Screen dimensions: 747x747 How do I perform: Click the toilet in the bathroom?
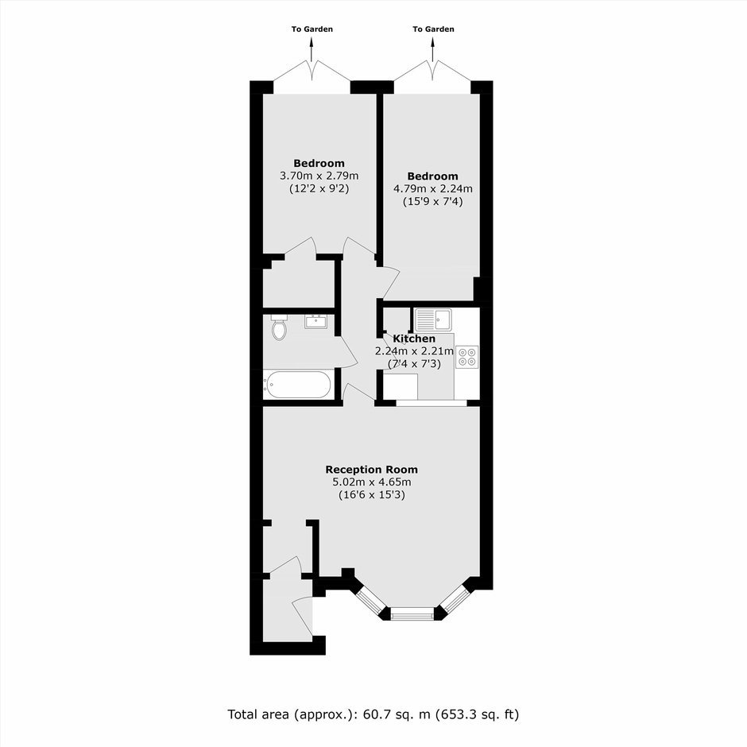click(x=279, y=327)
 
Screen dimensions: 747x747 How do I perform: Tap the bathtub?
click(x=298, y=385)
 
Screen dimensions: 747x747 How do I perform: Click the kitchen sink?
click(x=433, y=319)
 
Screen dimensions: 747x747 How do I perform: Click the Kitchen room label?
click(x=414, y=339)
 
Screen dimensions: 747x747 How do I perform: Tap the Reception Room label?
click(x=372, y=470)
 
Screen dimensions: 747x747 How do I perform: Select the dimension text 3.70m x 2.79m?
click(x=319, y=176)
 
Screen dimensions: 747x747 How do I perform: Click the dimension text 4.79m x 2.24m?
click(x=432, y=188)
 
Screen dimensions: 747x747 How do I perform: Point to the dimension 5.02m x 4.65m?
click(x=372, y=482)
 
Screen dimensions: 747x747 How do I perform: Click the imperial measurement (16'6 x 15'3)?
click(x=372, y=495)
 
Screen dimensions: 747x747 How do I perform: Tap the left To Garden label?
click(x=312, y=29)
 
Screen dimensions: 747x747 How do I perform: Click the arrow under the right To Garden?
click(x=433, y=49)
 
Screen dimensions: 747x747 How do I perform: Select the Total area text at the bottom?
click(x=373, y=714)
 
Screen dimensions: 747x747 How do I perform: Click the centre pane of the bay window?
click(x=412, y=615)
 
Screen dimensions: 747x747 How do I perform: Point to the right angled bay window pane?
click(x=455, y=598)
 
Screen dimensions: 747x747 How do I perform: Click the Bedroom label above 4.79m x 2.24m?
click(x=432, y=176)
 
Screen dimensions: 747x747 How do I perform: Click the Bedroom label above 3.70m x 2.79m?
click(x=319, y=164)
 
